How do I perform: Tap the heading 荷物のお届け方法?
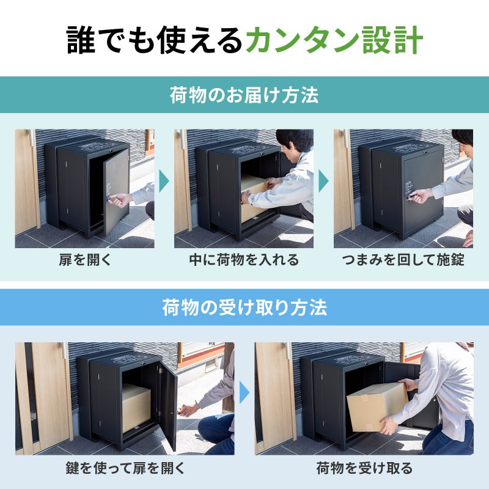pos(244,96)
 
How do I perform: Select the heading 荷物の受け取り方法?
pos(244,307)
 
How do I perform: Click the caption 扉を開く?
pos(85,260)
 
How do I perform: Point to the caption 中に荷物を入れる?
pos(244,260)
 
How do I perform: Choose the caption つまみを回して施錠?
pos(403,260)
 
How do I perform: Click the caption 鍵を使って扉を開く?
pos(125,469)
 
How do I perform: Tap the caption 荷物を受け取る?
pos(364,469)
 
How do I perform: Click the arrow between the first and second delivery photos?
pos(164,181)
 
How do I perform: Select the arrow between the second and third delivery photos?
pos(323,181)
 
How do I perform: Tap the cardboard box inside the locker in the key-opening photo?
pos(136,406)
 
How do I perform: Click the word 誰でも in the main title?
pos(101,40)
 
